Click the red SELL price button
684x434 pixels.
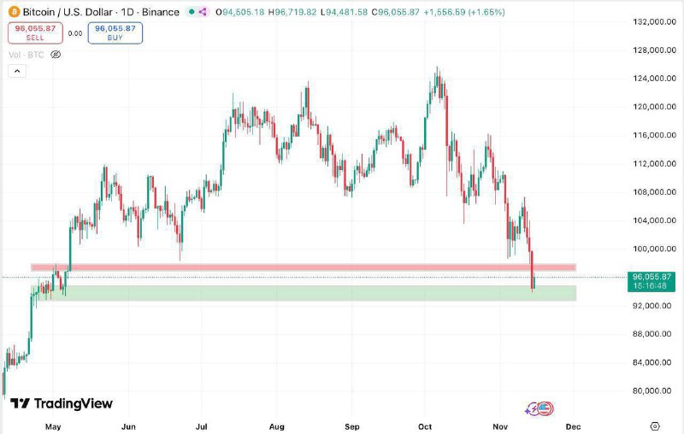(35, 33)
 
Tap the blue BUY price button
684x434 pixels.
(115, 33)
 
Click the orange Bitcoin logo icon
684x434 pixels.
(14, 12)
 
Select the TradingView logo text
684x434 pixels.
(62, 403)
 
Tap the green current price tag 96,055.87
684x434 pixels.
(652, 281)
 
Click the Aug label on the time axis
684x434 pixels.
(276, 426)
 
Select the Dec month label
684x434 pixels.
(573, 426)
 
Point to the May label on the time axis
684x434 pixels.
(53, 426)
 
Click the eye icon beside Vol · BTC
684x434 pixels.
(56, 55)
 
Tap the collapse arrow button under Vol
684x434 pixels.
(17, 71)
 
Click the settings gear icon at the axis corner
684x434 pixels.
(655, 426)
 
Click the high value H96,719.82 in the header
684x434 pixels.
(292, 12)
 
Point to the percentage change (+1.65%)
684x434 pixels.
(486, 12)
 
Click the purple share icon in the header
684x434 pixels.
(203, 12)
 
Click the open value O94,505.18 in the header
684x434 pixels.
(240, 12)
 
